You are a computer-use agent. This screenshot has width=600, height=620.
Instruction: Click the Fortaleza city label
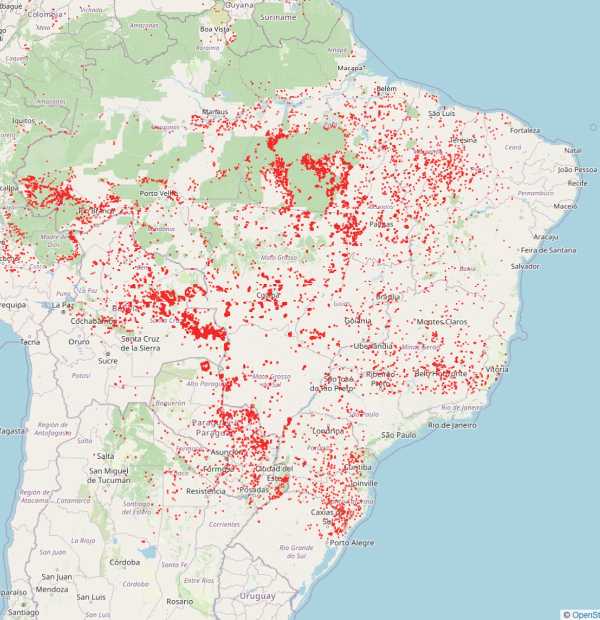(x=525, y=131)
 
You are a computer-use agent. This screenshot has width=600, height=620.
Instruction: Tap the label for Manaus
(x=215, y=112)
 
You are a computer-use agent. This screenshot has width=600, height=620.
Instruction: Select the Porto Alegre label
(x=351, y=543)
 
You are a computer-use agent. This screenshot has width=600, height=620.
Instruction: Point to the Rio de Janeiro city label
(x=452, y=426)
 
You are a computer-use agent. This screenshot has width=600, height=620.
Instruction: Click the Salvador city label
(x=525, y=267)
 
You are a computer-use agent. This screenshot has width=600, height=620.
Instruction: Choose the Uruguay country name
(x=257, y=597)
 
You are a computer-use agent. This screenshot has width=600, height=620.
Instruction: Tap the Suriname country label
(x=278, y=17)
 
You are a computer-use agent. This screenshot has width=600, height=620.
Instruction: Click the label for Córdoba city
(x=124, y=563)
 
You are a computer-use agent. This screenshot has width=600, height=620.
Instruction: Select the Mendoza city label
(x=52, y=590)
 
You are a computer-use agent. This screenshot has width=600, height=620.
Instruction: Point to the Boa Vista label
(x=215, y=29)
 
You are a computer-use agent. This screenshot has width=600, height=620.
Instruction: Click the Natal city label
(x=573, y=150)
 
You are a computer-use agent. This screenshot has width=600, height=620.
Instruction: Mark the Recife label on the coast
(x=577, y=183)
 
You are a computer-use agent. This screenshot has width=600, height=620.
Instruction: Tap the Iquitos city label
(x=23, y=121)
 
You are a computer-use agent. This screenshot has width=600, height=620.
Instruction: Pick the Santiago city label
(x=23, y=613)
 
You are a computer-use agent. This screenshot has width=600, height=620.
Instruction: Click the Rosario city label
(x=179, y=602)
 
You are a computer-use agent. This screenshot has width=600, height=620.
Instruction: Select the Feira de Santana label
(x=548, y=250)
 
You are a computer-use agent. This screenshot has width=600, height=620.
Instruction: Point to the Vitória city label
(x=497, y=370)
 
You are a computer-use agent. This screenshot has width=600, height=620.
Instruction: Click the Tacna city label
(x=30, y=342)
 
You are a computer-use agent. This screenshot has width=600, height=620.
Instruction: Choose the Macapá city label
(x=350, y=68)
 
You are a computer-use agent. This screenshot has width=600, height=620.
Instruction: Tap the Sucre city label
(x=108, y=361)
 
